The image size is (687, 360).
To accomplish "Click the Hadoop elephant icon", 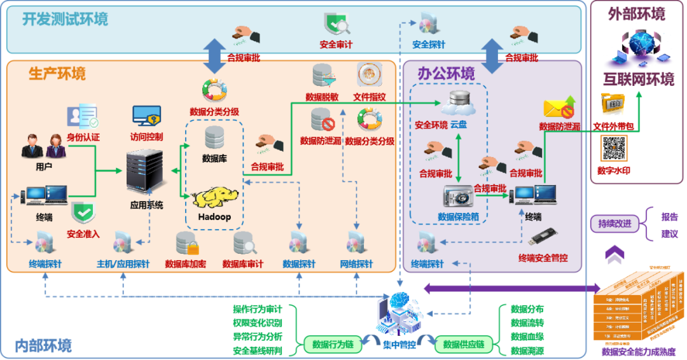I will (215, 198).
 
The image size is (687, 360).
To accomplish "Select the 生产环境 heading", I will (57, 74).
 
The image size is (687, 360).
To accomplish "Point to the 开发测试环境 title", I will (66, 19).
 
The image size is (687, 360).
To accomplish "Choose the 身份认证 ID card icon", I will (83, 117).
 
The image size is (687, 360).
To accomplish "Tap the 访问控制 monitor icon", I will (146, 116).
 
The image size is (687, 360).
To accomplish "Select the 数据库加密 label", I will (185, 264).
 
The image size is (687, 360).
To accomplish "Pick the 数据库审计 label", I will (243, 264).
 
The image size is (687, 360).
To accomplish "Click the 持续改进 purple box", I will (614, 224).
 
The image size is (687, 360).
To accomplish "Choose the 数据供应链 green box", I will (464, 345).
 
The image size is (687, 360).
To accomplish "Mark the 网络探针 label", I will (356, 264).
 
